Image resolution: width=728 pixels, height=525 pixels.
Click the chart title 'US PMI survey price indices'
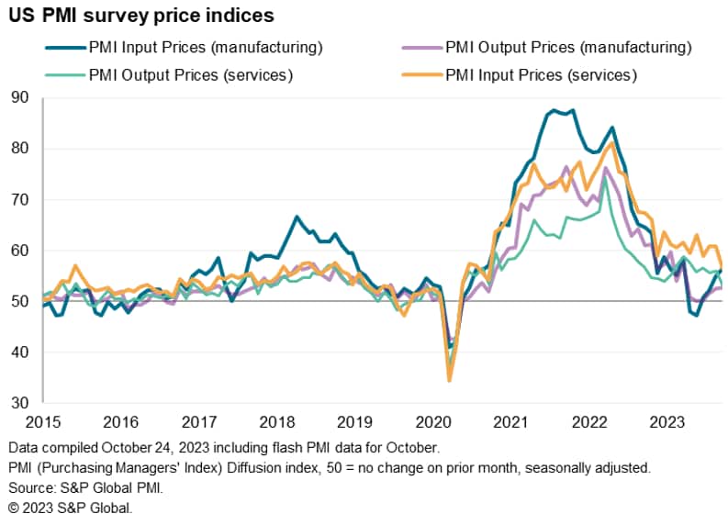point(142,17)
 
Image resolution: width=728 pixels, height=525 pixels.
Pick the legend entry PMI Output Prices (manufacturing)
point(568,48)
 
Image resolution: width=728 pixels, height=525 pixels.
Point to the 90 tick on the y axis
point(20,97)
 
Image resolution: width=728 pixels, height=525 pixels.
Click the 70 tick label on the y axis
point(20,199)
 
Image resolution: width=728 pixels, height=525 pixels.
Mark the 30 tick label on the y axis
point(20,403)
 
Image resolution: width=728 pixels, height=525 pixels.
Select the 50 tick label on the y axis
point(20,301)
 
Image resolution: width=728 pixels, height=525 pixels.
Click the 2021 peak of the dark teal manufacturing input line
point(573,110)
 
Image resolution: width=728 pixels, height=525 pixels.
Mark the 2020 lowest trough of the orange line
point(450,379)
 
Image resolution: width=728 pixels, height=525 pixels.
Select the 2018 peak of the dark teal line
point(297,217)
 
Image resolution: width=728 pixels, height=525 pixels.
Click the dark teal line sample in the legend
point(62,48)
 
